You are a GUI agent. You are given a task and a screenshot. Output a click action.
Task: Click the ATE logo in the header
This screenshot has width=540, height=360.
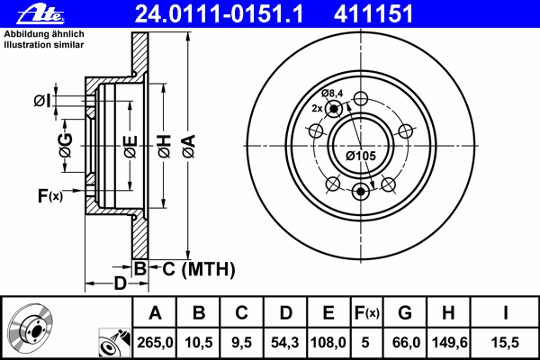pos(40,15)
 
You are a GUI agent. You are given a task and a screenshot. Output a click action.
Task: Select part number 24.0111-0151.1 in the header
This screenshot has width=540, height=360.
pos(219,14)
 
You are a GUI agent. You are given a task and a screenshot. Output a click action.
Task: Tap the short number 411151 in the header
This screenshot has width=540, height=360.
pos(373,14)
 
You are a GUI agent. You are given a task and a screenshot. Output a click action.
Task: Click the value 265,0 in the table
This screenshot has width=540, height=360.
pos(155,342)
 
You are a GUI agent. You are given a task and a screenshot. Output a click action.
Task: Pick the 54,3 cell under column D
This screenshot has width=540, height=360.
pos(284,342)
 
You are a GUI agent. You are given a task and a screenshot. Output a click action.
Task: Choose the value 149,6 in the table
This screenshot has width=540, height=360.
pos(449,342)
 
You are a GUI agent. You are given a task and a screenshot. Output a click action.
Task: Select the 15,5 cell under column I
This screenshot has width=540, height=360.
pos(505,342)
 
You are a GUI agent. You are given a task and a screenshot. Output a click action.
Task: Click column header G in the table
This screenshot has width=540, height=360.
pos(405,313)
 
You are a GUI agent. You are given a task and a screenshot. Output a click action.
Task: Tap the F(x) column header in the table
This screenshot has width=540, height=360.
pos(367,313)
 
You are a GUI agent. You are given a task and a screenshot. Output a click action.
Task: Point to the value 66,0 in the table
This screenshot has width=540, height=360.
pos(406,342)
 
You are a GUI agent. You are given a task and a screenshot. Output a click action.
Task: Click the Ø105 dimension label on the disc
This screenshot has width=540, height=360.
pos(361,156)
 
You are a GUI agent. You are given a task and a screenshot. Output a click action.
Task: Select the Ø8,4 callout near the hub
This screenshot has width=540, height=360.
pos(332,93)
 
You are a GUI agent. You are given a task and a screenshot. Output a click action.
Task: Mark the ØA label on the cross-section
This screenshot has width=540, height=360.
pos(189,147)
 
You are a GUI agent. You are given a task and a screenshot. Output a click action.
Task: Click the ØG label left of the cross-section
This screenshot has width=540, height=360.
pos(66,145)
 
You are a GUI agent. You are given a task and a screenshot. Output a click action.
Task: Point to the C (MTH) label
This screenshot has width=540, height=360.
pos(199,269)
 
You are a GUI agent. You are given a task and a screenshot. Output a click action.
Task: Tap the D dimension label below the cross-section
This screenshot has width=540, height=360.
pos(121,283)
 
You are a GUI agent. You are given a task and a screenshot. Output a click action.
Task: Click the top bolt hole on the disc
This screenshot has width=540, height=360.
pos(361,98)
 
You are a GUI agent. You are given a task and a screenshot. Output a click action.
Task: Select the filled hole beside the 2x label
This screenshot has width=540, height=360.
pos(334,109)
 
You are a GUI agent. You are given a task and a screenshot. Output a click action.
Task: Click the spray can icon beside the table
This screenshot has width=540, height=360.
pos(114,342)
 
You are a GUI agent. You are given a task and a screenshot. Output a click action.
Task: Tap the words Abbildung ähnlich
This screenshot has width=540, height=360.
pos(44,34)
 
